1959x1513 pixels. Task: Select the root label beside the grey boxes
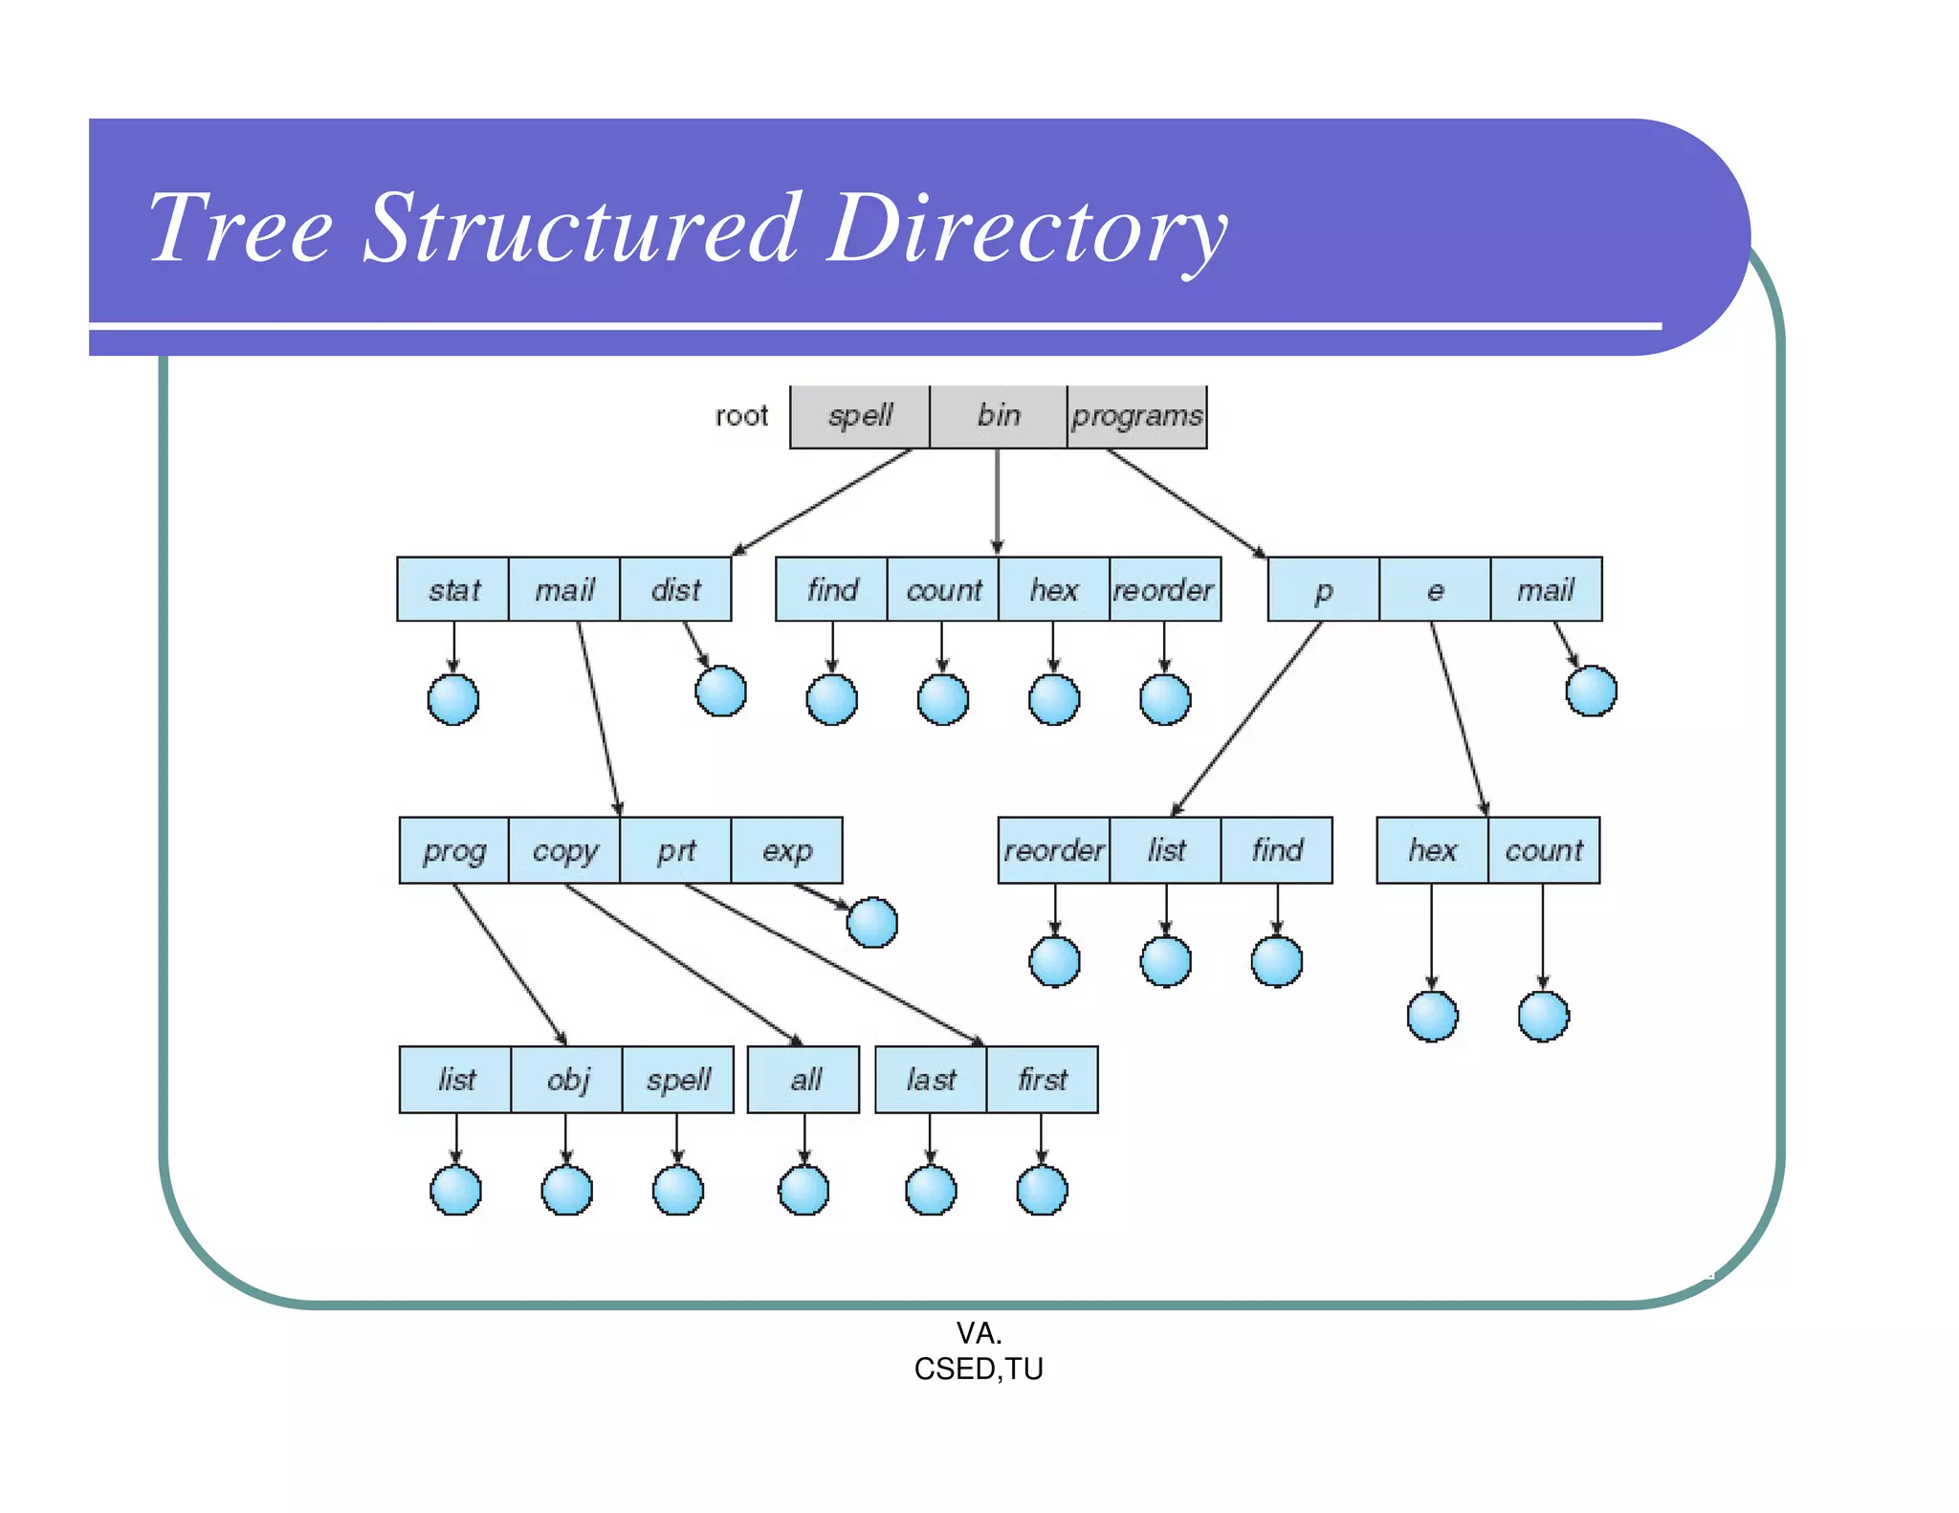(741, 415)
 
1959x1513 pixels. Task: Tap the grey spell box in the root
(860, 416)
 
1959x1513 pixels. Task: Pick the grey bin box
(999, 416)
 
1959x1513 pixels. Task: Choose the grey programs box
(1136, 416)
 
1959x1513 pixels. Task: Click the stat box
(453, 589)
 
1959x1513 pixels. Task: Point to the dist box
(675, 589)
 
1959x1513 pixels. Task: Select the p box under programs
(1323, 589)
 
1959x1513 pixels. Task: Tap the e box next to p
(1434, 589)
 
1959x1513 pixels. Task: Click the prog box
(454, 849)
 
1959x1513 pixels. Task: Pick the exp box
(786, 849)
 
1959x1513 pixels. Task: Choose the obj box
(567, 1079)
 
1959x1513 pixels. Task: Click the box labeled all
(803, 1079)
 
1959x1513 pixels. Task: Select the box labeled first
(1042, 1079)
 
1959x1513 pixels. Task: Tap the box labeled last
(931, 1079)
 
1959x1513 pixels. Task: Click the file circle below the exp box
(872, 922)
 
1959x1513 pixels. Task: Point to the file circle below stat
(453, 699)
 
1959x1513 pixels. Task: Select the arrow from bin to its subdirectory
(998, 502)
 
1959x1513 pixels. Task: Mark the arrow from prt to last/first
(832, 963)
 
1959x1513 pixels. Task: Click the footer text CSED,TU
(979, 1369)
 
